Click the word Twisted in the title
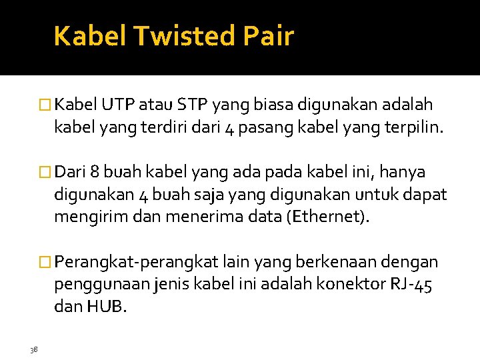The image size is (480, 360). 184,36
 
